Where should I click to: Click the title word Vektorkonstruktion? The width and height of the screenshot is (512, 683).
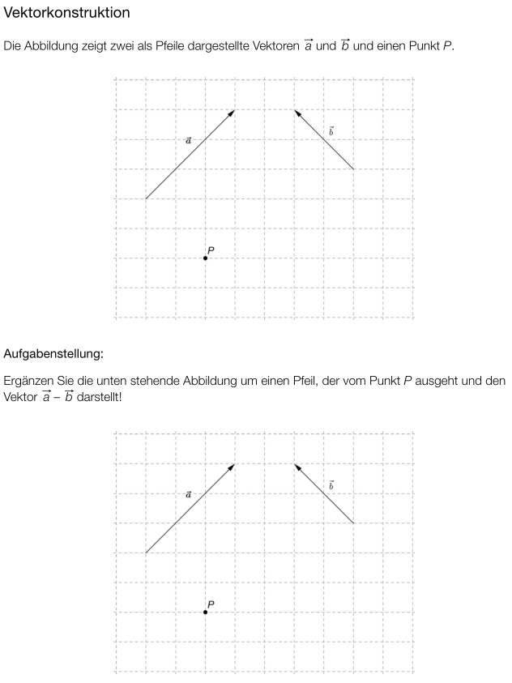point(66,14)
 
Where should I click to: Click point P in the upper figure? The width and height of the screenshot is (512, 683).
point(205,258)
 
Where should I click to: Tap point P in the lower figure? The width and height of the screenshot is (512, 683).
point(205,613)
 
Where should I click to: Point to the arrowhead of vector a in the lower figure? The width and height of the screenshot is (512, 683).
point(233,466)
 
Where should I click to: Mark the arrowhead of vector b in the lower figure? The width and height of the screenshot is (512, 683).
point(297,466)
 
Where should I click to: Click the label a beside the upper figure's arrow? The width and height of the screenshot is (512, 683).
point(189,140)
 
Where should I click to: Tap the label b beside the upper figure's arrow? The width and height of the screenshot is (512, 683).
point(331,130)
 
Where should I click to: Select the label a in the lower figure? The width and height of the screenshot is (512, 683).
point(189,493)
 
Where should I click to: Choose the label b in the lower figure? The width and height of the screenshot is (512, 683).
point(331,485)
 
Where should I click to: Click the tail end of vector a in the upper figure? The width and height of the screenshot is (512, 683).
point(146,198)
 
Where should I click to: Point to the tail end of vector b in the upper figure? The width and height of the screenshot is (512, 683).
point(354,169)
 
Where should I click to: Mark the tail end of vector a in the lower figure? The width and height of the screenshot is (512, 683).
point(146,553)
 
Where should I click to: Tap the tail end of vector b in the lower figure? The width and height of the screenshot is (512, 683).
point(354,523)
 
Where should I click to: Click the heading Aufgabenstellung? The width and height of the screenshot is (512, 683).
point(53,353)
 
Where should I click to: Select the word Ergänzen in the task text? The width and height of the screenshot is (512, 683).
point(29,381)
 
